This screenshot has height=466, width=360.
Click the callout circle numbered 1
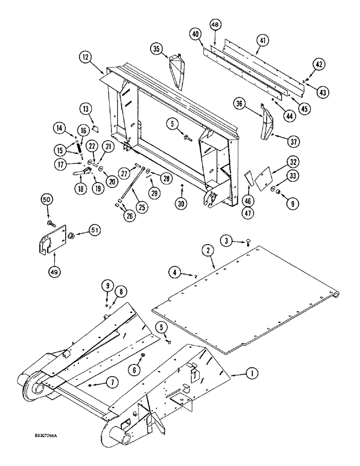click(x=251, y=373)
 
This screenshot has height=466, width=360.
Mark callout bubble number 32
click(x=292, y=162)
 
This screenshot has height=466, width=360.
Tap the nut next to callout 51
click(x=73, y=235)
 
